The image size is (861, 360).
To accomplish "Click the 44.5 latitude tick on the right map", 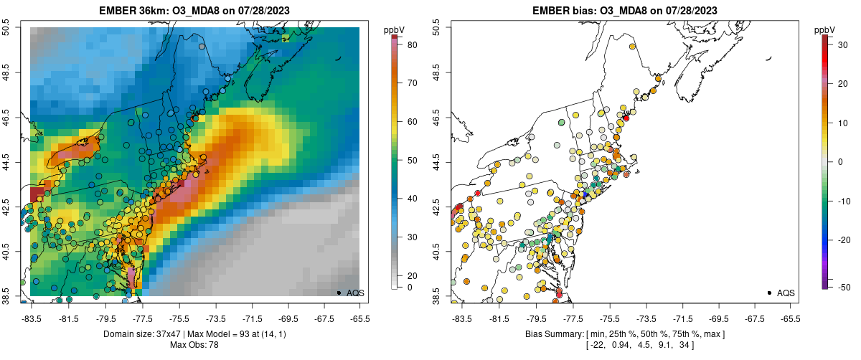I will (438, 162).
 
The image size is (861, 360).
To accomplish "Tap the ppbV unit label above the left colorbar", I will (394, 29).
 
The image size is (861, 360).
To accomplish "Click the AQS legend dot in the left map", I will (338, 293).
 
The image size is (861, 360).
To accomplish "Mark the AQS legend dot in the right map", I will (769, 293).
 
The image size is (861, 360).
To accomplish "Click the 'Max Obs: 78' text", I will (194, 345).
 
